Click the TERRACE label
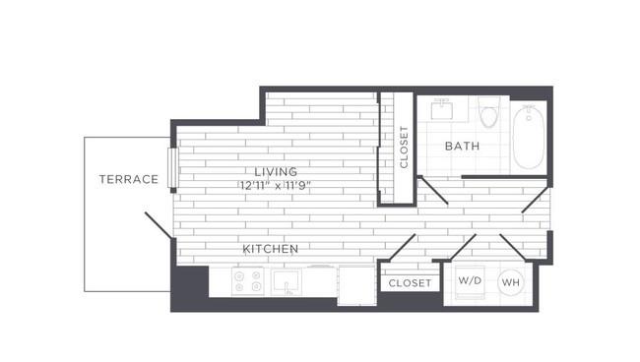[129, 179]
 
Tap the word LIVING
[276, 171]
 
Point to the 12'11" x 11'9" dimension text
[276, 186]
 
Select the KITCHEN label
[271, 249]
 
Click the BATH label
[462, 146]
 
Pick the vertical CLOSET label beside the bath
[404, 147]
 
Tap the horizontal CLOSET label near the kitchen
[410, 283]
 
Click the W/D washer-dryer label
[470, 280]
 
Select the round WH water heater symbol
[511, 282]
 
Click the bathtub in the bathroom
[529, 137]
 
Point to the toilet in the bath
[489, 112]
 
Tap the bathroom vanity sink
[442, 109]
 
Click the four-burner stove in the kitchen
[247, 281]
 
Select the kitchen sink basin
[287, 281]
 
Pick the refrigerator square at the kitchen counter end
[356, 285]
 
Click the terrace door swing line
[159, 225]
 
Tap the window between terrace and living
[172, 167]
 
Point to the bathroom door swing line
[434, 191]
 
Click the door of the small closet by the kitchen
[402, 247]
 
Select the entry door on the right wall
[536, 200]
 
